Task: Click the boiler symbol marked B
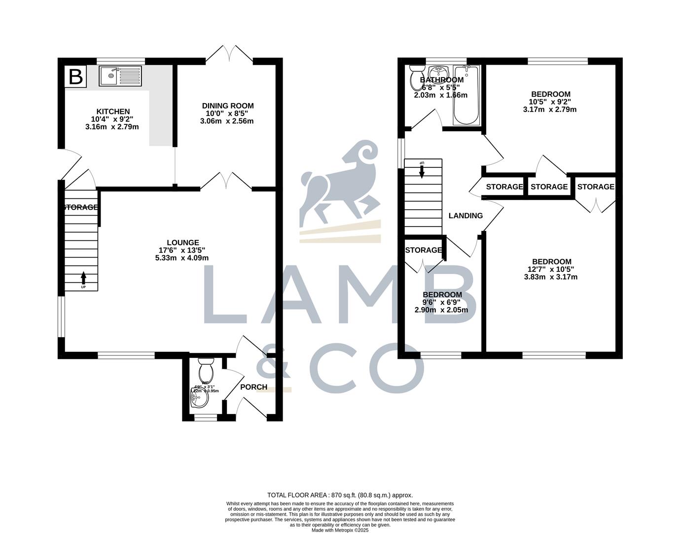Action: pos(75,76)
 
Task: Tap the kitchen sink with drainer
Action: pos(120,76)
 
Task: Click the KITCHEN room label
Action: pos(112,112)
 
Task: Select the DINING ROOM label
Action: pos(227,106)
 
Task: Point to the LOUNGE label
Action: pos(182,242)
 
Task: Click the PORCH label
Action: pos(253,387)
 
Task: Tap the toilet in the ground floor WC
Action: pos(205,368)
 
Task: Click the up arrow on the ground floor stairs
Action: pos(83,278)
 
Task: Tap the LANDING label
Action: pos(465,216)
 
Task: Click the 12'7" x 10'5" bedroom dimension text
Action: pos(551,269)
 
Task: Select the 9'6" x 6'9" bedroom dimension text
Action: pos(441,303)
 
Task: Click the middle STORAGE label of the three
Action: pos(549,187)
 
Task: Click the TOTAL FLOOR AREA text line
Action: pos(340,495)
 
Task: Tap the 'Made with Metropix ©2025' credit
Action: pos(340,530)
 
